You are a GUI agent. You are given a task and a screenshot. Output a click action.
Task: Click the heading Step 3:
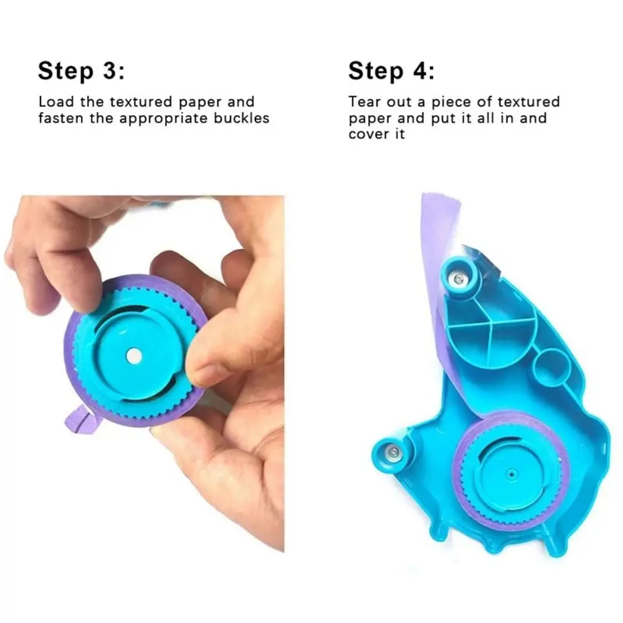point(81,70)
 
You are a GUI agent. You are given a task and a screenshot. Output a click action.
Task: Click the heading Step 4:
point(391,70)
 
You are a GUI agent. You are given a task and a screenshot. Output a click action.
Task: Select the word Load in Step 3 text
point(54,102)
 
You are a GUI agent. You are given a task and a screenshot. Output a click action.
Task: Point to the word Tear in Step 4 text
point(364,102)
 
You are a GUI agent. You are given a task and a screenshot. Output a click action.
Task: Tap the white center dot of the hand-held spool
point(134,355)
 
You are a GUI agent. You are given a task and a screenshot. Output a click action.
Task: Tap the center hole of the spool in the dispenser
point(511,474)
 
